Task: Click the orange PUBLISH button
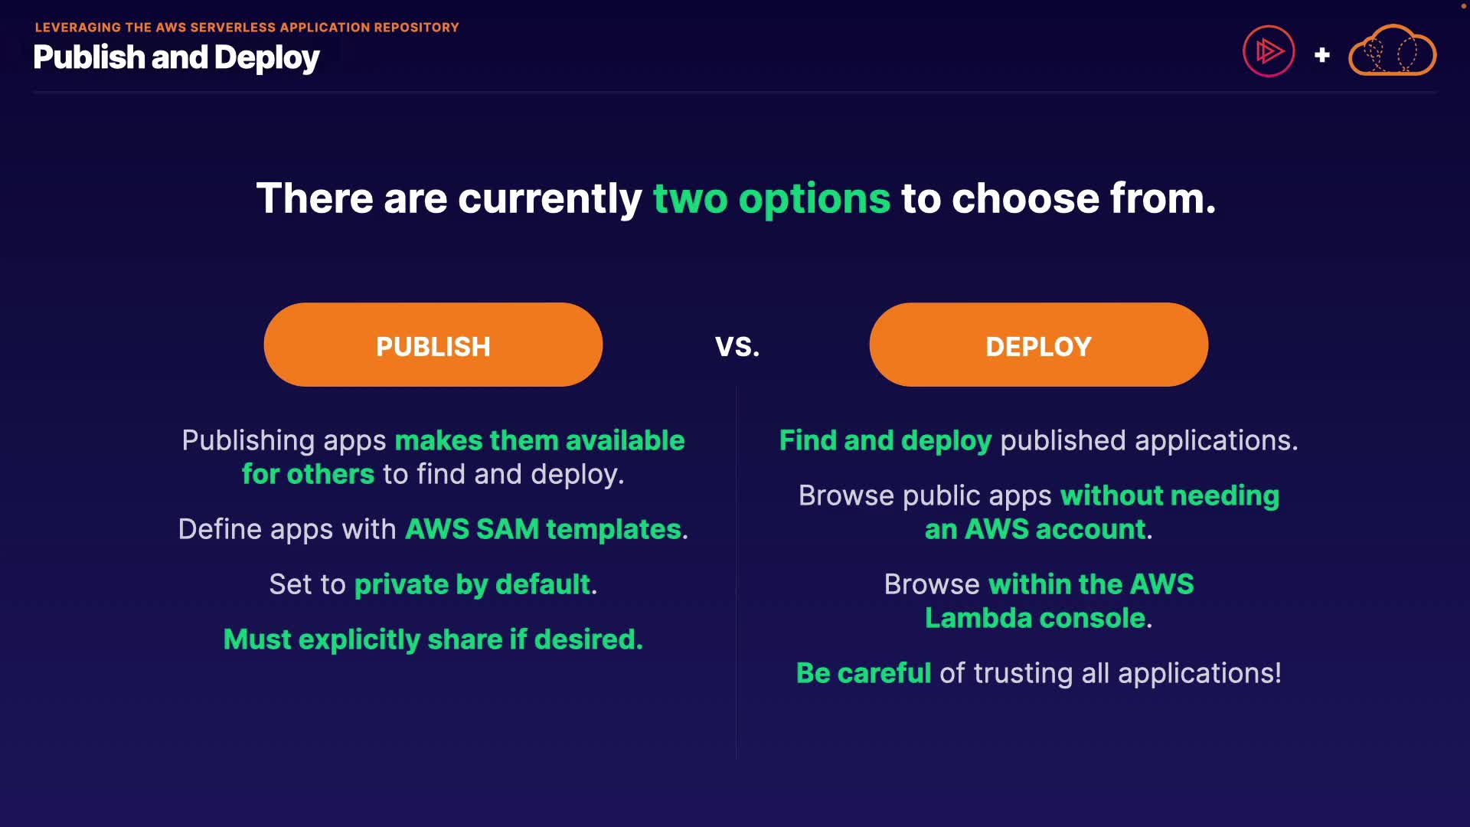click(433, 345)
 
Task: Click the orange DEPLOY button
click(1039, 345)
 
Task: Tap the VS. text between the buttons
click(737, 347)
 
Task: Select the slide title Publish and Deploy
click(177, 58)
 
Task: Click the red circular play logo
click(1269, 51)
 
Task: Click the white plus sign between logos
click(1321, 55)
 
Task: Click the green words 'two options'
click(772, 199)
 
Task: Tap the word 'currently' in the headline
click(550, 199)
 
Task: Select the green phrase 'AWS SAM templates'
click(543, 529)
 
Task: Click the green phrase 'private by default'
click(472, 585)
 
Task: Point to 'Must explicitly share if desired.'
click(433, 640)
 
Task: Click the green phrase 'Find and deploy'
click(885, 441)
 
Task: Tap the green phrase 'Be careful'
click(864, 673)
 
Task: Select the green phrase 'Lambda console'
click(1035, 618)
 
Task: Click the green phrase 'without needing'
click(1170, 496)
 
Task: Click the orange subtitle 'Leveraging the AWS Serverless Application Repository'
click(247, 28)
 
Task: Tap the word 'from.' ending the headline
click(1163, 199)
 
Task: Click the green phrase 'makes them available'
click(540, 440)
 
